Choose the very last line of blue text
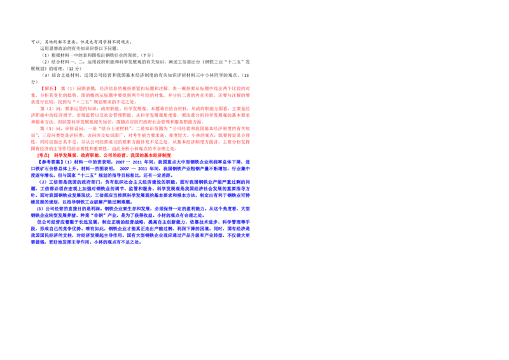click(86, 242)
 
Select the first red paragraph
click(141, 94)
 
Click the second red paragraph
click(141, 115)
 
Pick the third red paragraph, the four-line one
click(141, 138)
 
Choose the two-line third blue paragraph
click(141, 211)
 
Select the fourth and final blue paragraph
click(141, 232)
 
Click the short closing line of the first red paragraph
click(83, 102)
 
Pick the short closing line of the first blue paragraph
click(102, 174)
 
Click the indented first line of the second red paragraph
click(144, 108)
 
